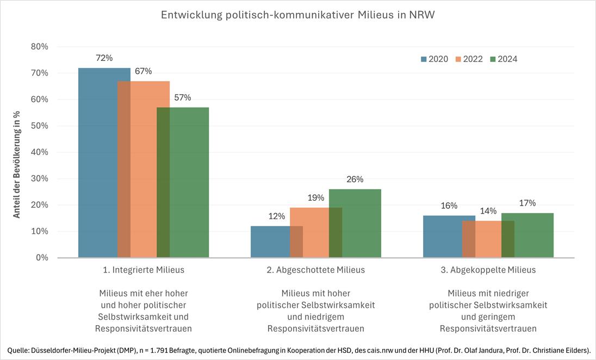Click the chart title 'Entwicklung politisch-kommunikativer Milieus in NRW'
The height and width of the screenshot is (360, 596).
point(297,15)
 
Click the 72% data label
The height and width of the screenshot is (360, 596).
point(104,58)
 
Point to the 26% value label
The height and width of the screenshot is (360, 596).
point(355,179)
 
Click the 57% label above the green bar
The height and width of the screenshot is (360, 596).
point(182,98)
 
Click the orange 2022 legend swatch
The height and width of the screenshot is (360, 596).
point(458,59)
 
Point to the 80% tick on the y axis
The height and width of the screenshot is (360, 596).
point(39,47)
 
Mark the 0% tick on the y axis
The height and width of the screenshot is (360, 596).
point(41,258)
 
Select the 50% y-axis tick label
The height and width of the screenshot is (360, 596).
point(39,126)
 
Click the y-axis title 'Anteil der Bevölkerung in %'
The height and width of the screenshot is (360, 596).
point(17,164)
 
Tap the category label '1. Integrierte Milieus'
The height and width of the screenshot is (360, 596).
point(144,270)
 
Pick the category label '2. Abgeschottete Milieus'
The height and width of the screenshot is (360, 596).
point(316,270)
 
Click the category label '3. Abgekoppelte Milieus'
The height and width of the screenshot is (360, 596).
point(488,270)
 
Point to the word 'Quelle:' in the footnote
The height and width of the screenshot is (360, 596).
point(20,350)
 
